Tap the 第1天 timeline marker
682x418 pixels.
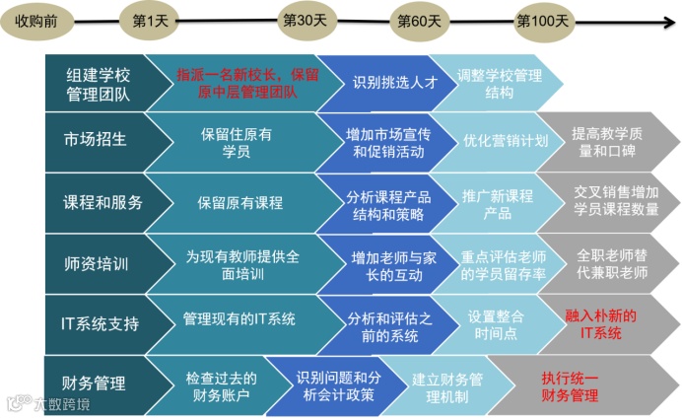pos(150,19)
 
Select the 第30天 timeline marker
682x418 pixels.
pos(305,19)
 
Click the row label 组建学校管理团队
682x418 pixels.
pos(98,83)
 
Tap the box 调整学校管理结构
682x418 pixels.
pos(499,83)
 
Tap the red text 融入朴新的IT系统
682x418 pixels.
pos(600,324)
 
